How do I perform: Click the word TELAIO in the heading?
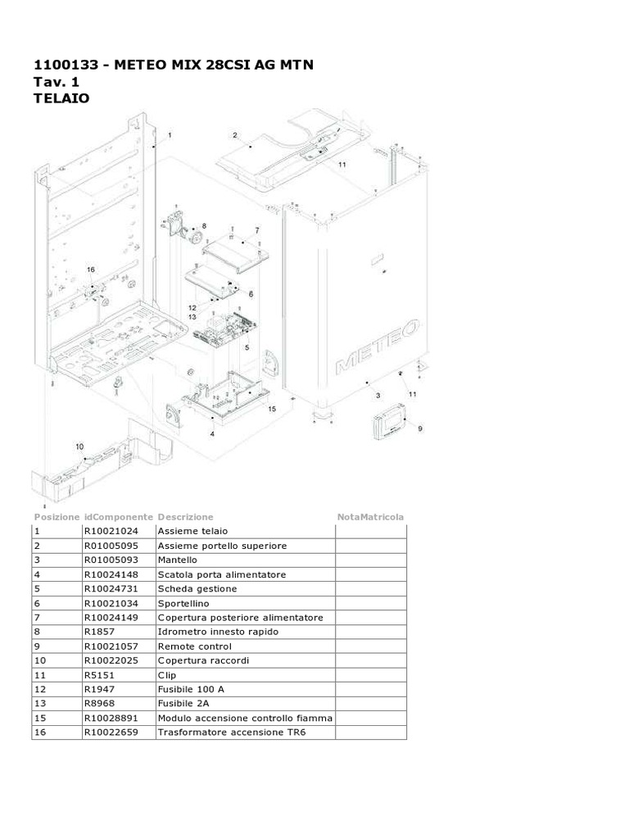tap(62, 98)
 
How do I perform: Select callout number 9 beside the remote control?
tap(420, 428)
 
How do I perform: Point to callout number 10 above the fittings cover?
tap(79, 447)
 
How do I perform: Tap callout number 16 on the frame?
tap(90, 270)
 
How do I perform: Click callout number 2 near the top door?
tap(234, 135)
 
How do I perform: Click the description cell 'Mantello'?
tap(178, 560)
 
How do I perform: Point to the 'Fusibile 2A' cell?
tap(184, 703)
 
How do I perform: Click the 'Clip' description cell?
tap(167, 674)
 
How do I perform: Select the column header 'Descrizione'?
tap(185, 517)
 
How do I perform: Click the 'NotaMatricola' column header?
tap(370, 517)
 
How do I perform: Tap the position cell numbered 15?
tap(39, 718)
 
